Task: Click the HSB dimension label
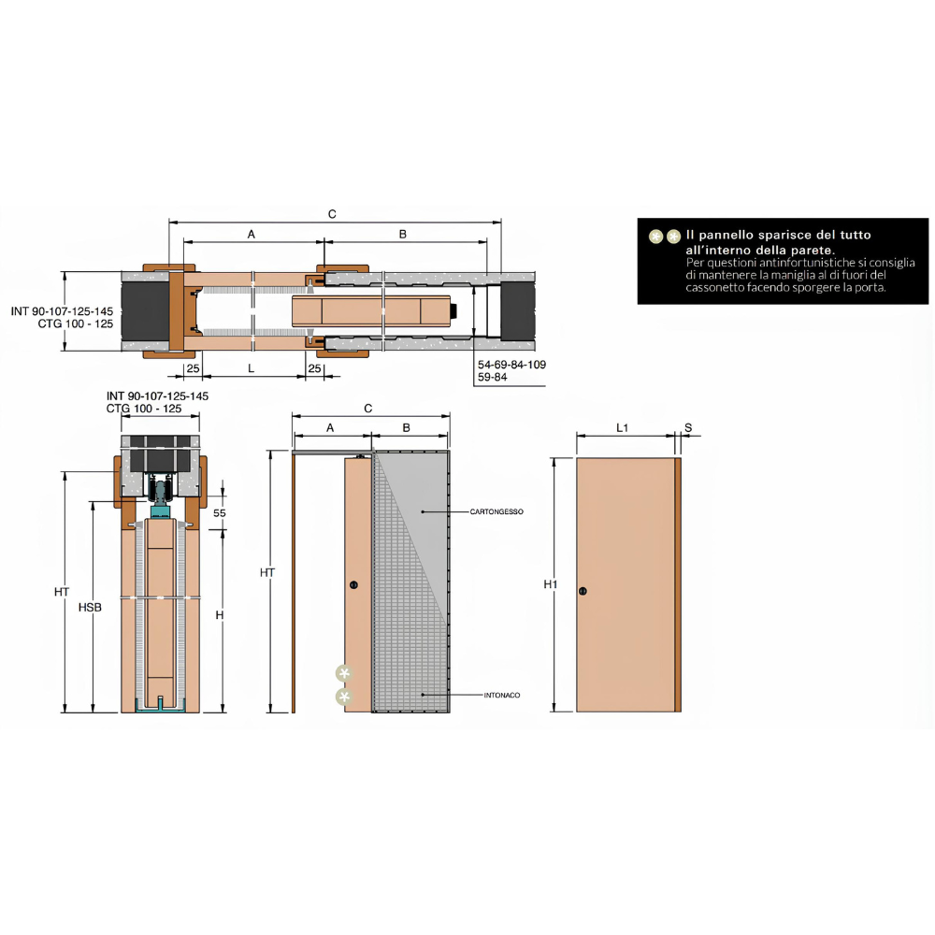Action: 90,607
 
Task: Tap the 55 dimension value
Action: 220,513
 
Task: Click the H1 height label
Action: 551,584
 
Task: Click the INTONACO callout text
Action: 502,695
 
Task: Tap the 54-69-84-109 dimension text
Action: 511,365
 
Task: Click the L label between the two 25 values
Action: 251,369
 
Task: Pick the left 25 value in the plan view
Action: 193,369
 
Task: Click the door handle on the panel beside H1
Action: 583,591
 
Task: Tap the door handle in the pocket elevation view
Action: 352,585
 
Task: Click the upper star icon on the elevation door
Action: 345,673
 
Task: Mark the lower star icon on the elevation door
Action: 345,697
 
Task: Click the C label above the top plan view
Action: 332,214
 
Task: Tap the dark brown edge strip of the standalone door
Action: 678,584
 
